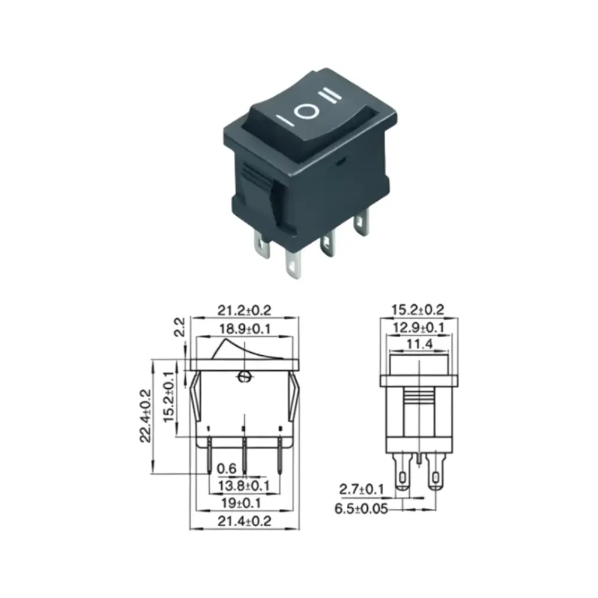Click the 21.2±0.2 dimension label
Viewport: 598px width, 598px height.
[244, 310]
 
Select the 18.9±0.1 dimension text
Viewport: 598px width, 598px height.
[245, 329]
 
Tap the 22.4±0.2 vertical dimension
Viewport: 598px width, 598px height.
[146, 416]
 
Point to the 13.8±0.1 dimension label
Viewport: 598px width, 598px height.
[244, 486]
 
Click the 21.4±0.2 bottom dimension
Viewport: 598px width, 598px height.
[244, 521]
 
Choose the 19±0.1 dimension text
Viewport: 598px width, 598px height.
[241, 504]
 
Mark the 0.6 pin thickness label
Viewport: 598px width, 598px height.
[227, 468]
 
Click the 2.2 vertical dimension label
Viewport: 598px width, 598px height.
[179, 327]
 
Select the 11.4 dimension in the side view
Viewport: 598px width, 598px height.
[419, 344]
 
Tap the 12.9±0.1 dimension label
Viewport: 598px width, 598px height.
[419, 327]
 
